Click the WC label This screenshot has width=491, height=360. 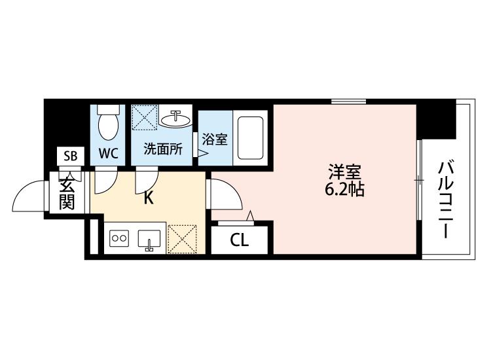click(108, 153)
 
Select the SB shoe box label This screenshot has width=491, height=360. click(71, 156)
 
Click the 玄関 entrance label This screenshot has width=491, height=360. click(67, 192)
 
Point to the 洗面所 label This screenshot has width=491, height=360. click(163, 149)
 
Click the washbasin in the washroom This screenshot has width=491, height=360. click(176, 119)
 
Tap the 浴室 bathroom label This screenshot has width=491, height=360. click(215, 139)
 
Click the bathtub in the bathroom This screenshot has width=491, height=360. click(250, 137)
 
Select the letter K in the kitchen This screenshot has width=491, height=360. click(149, 198)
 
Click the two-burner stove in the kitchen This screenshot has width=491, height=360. click(119, 238)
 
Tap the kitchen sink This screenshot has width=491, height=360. click(149, 239)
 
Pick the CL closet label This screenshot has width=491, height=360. click(239, 240)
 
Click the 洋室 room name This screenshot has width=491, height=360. click(344, 171)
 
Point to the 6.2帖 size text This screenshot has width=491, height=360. click(344, 189)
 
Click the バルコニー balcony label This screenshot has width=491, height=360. click(446, 200)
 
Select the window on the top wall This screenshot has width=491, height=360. click(348, 101)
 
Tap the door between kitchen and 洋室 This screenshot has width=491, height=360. click(224, 194)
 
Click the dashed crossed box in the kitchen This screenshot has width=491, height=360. click(182, 239)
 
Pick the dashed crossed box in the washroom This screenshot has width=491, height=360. click(145, 117)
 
